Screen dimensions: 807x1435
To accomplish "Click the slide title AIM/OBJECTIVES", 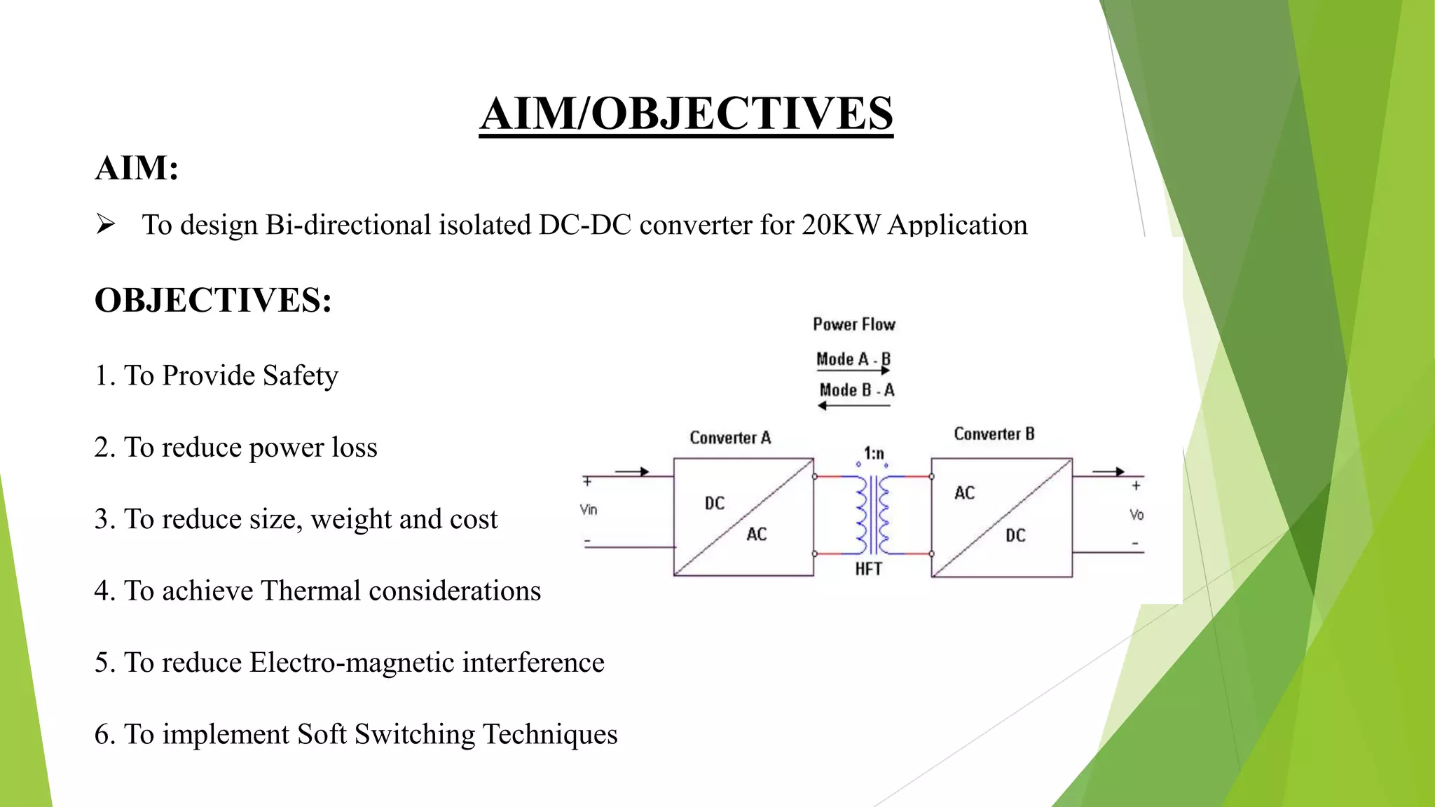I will point(686,113).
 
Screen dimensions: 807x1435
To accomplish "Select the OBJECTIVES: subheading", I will point(213,300).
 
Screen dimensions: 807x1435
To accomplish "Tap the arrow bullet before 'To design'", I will point(106,225).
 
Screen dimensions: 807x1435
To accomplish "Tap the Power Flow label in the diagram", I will point(854,324).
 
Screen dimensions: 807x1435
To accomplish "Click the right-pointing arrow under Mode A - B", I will point(853,371).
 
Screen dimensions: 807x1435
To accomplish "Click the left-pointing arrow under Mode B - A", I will point(854,406).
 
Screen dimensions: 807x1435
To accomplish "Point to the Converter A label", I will point(730,438).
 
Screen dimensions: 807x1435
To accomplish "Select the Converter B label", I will point(994,434).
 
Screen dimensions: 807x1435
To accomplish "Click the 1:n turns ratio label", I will point(874,453).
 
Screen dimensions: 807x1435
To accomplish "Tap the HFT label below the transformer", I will point(868,569).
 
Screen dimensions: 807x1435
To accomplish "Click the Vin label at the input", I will point(589,509).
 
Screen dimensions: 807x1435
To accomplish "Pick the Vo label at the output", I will point(1137,515).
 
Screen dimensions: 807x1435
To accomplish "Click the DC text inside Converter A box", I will point(715,503).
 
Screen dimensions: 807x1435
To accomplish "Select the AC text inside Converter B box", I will point(964,493).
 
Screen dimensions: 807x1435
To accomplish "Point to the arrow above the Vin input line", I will point(632,471).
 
